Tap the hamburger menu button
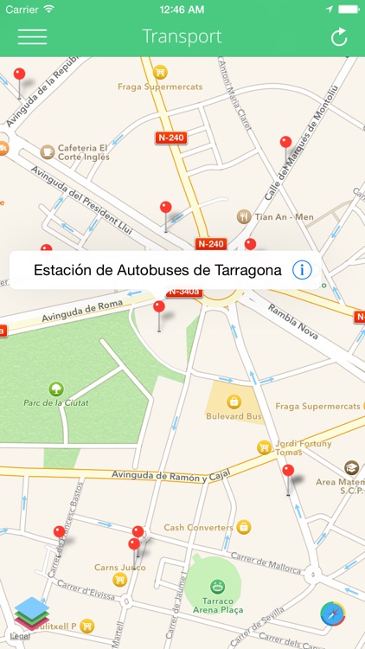32,37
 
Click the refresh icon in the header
339,37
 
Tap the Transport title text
182,36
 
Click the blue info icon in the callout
302,270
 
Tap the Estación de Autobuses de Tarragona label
157,270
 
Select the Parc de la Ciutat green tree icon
56,389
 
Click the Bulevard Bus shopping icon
234,402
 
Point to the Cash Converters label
198,527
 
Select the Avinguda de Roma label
84,309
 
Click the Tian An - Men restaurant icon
244,216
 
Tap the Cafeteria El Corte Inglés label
83,152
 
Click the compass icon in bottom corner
333,614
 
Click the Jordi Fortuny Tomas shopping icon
264,447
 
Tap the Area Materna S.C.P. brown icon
351,468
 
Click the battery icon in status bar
348,9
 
